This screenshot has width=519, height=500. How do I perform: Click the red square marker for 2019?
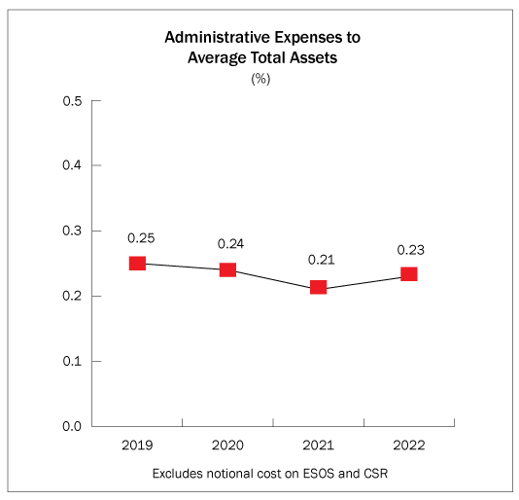pyautogui.click(x=137, y=264)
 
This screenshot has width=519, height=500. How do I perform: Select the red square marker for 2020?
pyautogui.click(x=228, y=269)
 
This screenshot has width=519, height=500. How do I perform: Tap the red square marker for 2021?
pyautogui.click(x=319, y=287)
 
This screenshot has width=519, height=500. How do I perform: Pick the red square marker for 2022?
pyautogui.click(x=409, y=274)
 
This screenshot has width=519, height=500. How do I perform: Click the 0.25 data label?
pyautogui.click(x=141, y=238)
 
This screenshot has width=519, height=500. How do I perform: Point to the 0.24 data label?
pyautogui.click(x=230, y=244)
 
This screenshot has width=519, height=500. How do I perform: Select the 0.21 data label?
pyautogui.click(x=322, y=260)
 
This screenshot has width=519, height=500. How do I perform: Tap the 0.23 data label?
pyautogui.click(x=411, y=250)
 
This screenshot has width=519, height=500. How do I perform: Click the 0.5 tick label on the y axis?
pyautogui.click(x=72, y=101)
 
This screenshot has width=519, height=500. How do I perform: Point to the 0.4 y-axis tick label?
pyautogui.click(x=72, y=165)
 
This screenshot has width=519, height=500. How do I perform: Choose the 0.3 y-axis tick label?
pyautogui.click(x=72, y=231)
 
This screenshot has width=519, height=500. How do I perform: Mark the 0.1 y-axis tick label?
pyautogui.click(x=72, y=361)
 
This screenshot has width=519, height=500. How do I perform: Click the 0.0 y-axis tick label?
pyautogui.click(x=72, y=426)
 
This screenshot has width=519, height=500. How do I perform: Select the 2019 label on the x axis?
pyautogui.click(x=137, y=446)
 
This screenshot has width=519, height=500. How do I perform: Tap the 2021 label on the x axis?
pyautogui.click(x=319, y=446)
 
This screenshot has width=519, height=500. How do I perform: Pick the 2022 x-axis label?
pyautogui.click(x=409, y=446)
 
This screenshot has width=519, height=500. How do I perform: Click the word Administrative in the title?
pyautogui.click(x=218, y=37)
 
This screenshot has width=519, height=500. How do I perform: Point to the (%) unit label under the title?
pyautogui.click(x=260, y=79)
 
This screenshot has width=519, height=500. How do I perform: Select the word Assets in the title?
pyautogui.click(x=314, y=57)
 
